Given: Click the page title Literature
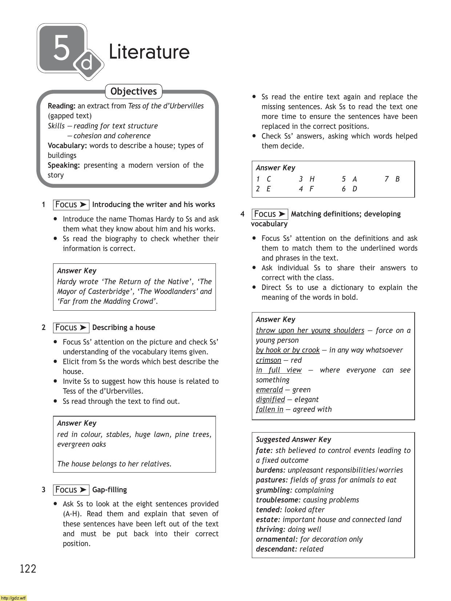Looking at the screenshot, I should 149,52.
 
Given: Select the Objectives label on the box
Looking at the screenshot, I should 133,91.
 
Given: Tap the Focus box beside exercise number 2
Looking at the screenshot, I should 71,327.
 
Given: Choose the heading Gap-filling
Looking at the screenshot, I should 109,490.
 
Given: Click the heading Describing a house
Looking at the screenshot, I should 124,327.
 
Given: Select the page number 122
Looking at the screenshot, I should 28,569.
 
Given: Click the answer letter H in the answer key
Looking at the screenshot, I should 312,179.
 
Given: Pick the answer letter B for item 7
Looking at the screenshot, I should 397,179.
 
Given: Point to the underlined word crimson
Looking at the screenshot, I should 268,360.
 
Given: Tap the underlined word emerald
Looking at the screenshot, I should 269,390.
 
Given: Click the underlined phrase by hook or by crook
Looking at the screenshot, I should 287,350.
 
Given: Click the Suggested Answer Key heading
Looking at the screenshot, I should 293,439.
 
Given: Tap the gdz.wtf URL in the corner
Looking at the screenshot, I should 13,598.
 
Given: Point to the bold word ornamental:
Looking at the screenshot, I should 277,539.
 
